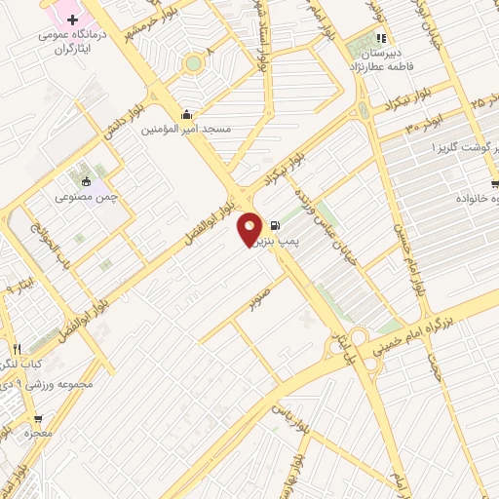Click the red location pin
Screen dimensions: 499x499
click(250, 227)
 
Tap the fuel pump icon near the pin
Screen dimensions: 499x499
click(276, 221)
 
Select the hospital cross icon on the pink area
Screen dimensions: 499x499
click(73, 19)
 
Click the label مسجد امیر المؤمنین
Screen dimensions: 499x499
click(186, 129)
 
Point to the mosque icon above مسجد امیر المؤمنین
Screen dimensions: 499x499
click(186, 113)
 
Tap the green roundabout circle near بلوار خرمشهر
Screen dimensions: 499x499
click(193, 63)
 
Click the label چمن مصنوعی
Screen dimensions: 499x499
click(87, 196)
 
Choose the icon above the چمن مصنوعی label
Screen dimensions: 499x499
click(87, 180)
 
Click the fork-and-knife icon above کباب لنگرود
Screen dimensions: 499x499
click(17, 348)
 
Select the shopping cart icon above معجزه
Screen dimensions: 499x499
click(24, 415)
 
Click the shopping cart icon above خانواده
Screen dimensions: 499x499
click(495, 183)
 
